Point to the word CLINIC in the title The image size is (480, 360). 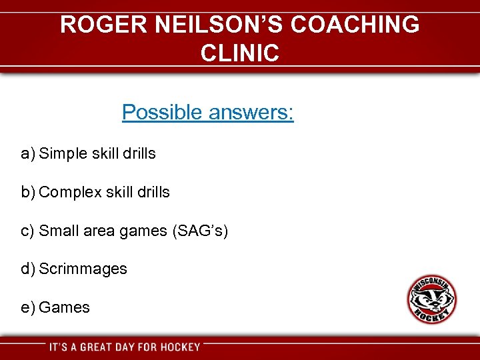(x=239, y=53)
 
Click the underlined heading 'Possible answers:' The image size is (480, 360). (x=207, y=112)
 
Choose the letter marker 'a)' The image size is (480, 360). (x=27, y=154)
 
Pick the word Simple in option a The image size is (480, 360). (x=63, y=153)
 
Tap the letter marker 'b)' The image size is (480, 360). (x=27, y=193)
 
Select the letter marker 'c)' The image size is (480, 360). (x=27, y=231)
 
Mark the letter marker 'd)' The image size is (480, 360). (x=27, y=269)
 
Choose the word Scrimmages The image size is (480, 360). (x=83, y=269)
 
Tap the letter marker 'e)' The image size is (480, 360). (x=27, y=308)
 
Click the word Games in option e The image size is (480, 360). (x=64, y=308)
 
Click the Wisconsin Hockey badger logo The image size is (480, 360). (x=432, y=299)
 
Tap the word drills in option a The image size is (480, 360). (x=139, y=153)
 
